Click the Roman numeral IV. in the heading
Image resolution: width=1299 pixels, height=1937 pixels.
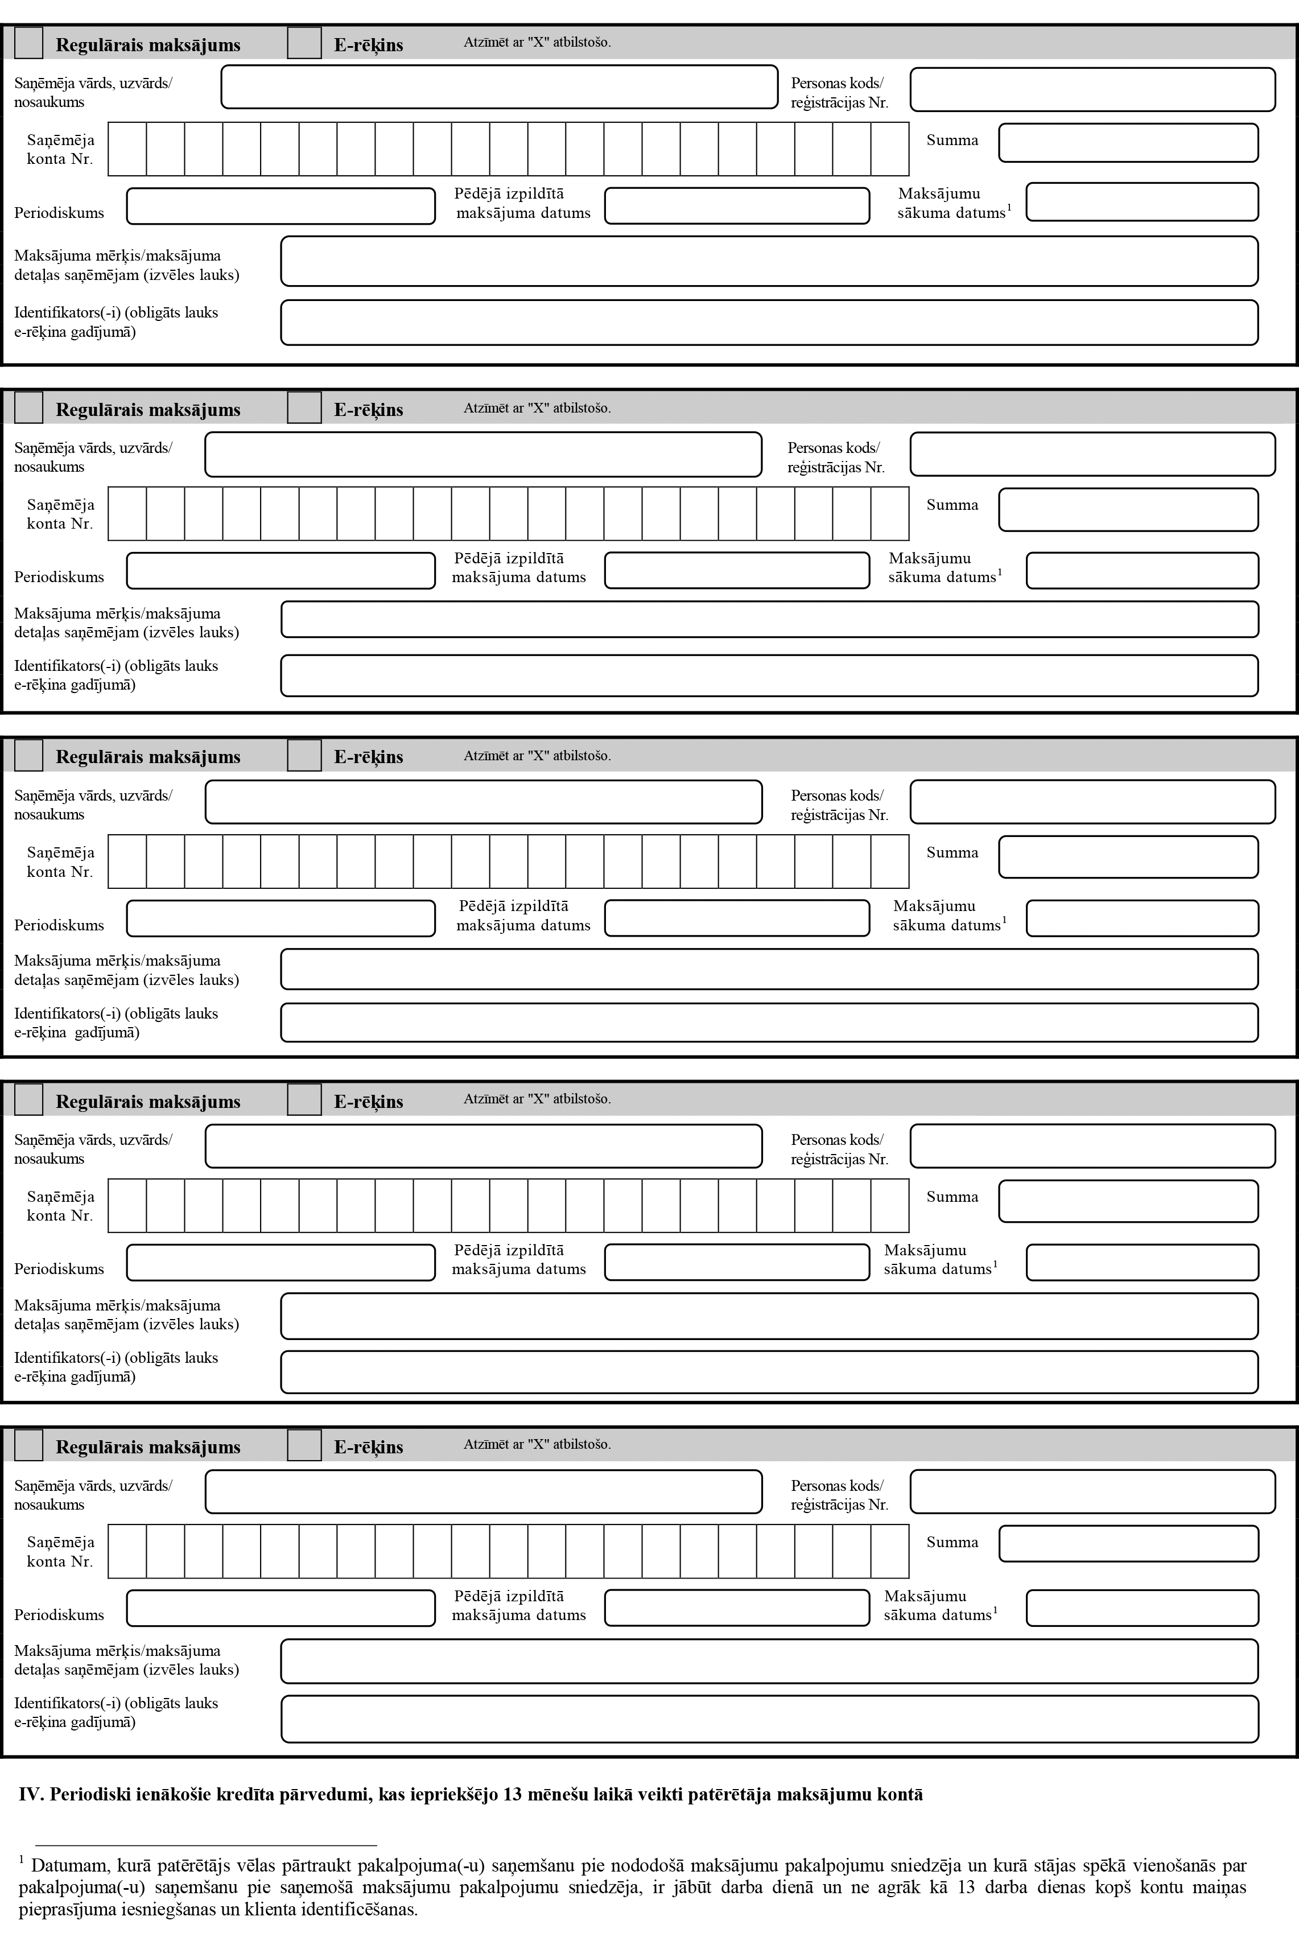point(31,1795)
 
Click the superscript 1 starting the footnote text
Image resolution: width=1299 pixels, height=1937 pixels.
point(22,1860)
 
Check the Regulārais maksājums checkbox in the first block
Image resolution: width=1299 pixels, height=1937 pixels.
point(29,43)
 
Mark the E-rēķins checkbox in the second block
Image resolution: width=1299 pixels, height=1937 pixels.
point(304,407)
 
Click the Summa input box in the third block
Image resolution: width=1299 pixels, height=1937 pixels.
point(1128,856)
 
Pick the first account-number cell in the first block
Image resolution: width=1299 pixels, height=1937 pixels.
point(127,149)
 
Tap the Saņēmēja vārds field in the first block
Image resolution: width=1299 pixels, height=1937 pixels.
point(499,87)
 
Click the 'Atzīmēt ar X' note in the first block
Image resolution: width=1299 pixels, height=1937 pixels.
point(537,42)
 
